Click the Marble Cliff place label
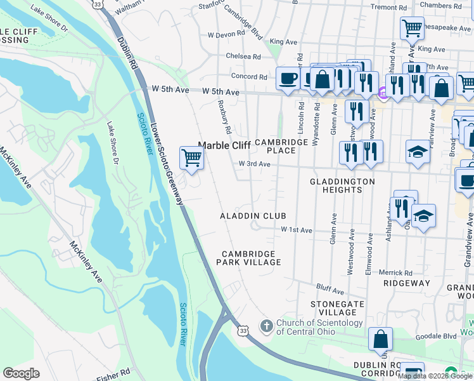[x=225, y=145]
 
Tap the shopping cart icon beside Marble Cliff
[x=191, y=157]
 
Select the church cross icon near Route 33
[x=267, y=327]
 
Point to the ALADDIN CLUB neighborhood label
[x=253, y=217]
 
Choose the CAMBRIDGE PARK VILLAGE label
[x=248, y=257]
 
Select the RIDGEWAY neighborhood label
[x=406, y=283]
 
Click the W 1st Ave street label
[x=297, y=229]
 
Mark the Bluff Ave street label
[x=331, y=292]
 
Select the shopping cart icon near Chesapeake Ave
[x=412, y=28]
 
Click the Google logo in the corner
[x=21, y=373]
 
